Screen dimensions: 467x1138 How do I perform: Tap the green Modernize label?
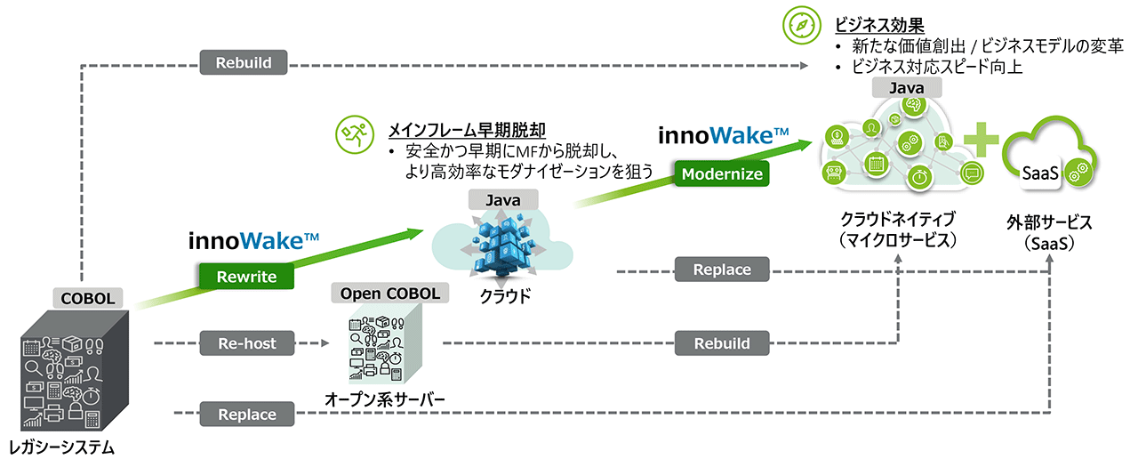[x=721, y=174]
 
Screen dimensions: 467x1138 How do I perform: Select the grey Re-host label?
[x=247, y=342]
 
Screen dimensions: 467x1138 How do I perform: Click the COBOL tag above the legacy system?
[x=88, y=298]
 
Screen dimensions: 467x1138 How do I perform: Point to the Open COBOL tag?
[x=385, y=293]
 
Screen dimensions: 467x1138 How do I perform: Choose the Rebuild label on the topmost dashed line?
[x=243, y=63]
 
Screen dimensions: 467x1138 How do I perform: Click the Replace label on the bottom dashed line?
[x=247, y=414]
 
